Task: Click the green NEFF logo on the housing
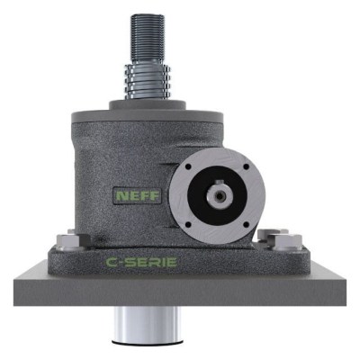point(138,196)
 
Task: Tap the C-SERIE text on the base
point(141,262)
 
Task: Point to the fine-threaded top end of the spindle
point(148,39)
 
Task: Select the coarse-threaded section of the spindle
point(148,81)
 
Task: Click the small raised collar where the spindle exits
point(148,105)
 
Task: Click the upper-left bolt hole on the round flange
point(188,166)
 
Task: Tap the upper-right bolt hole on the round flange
point(246,166)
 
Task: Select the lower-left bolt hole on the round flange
point(188,225)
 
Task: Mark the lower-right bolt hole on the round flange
point(246,225)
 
